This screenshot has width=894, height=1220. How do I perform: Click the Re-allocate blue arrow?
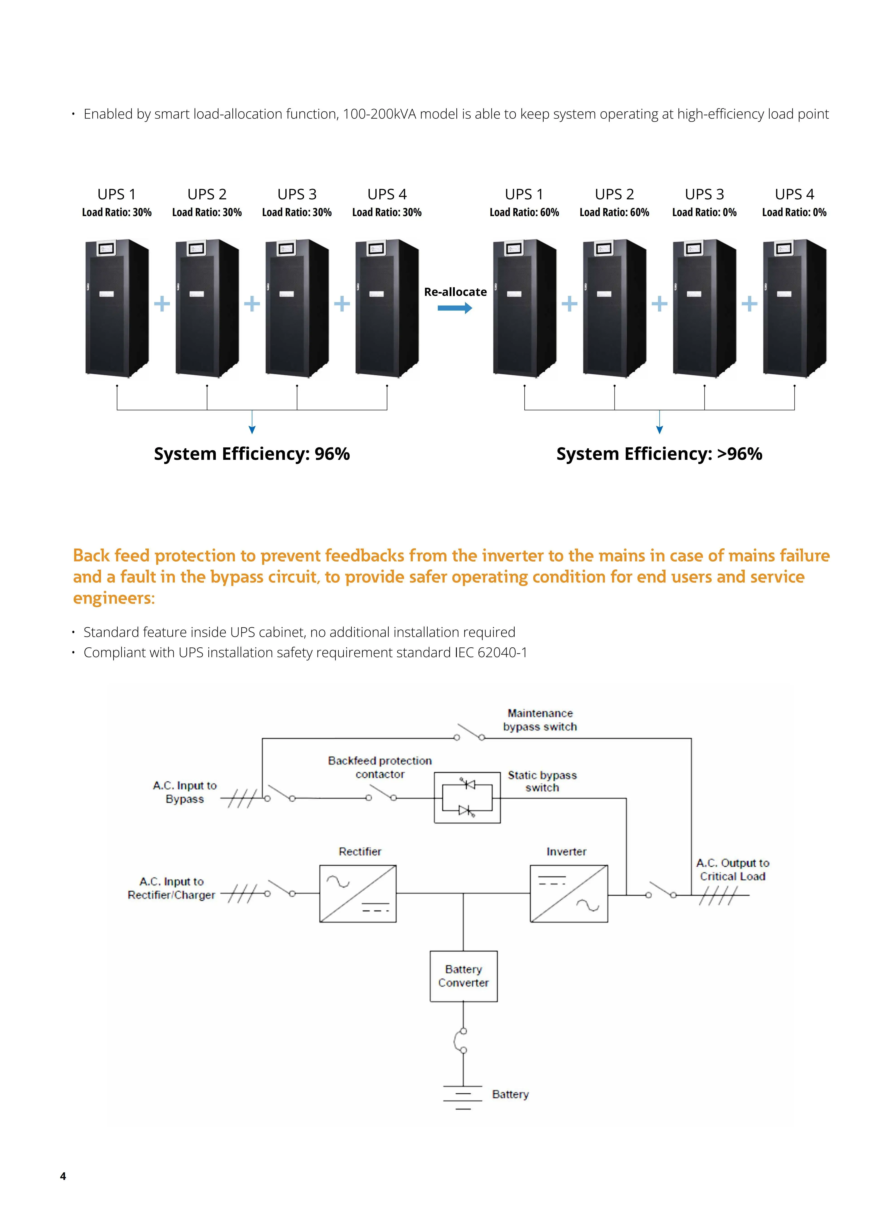(455, 308)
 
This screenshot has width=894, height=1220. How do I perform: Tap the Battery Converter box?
(463, 976)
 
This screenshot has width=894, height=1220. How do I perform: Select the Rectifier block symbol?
(358, 893)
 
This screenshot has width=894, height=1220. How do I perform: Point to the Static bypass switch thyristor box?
(467, 797)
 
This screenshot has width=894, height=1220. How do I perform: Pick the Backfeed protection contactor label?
(380, 767)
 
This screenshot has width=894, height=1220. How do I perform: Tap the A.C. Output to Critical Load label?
(732, 869)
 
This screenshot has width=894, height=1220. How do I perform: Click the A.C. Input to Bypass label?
(185, 792)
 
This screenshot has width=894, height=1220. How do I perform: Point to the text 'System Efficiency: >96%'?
(659, 453)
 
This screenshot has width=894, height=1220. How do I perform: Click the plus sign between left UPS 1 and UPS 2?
(162, 304)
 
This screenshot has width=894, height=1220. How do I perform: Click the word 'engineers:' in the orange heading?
(114, 598)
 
